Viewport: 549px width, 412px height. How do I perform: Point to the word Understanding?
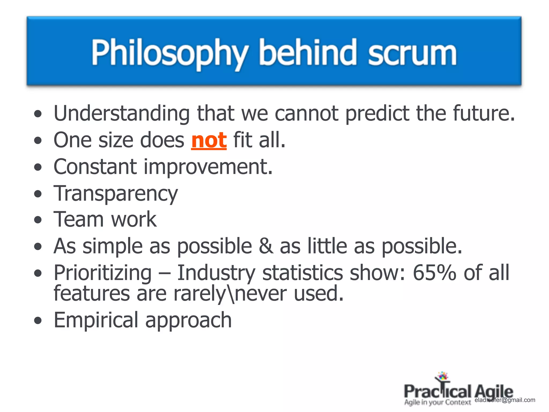122,113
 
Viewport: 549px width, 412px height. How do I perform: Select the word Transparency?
116,193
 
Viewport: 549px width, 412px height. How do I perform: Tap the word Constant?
95,167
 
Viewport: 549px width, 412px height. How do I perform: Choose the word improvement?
208,167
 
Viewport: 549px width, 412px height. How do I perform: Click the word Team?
79,220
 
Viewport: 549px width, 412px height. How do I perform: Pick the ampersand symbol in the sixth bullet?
266,246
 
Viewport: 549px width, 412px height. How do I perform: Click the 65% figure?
434,273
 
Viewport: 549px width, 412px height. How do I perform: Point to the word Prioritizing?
103,273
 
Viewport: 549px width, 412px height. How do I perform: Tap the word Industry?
216,273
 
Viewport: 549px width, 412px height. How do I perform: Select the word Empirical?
96,320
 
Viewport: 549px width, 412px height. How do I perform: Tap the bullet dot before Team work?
38,220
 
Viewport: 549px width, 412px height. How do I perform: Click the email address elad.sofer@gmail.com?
505,400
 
